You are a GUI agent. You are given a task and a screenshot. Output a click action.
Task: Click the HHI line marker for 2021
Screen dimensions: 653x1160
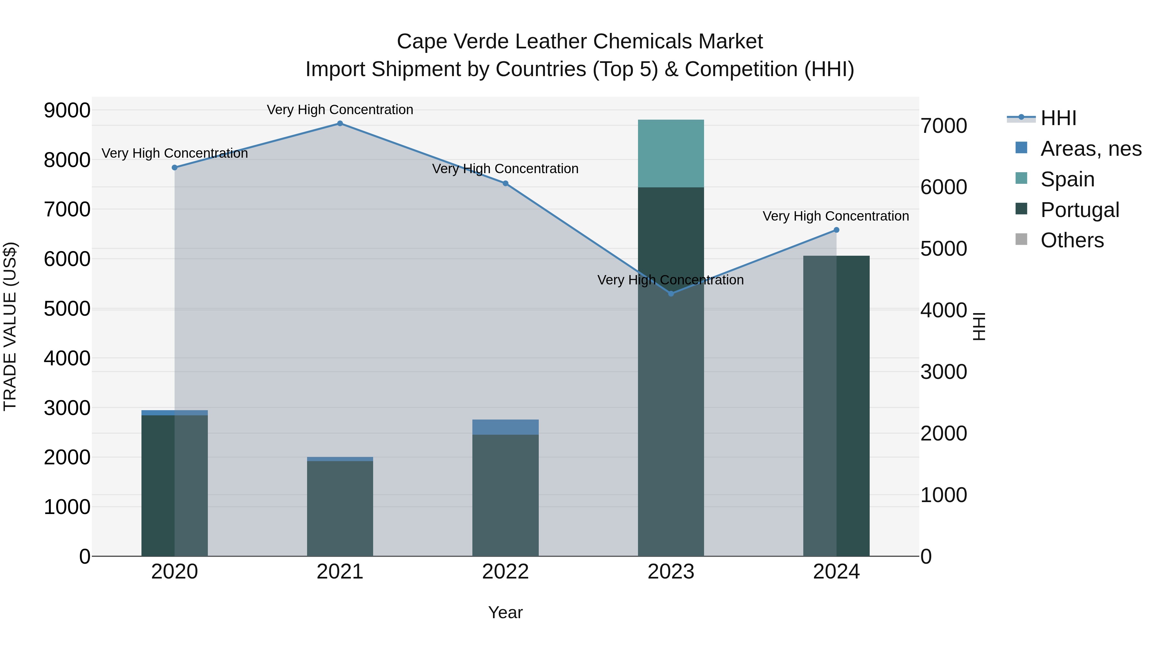tap(340, 124)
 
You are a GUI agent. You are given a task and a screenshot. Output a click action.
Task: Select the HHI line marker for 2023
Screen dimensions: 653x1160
tap(671, 293)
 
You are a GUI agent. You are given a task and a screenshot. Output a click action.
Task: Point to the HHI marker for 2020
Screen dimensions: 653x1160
tap(175, 168)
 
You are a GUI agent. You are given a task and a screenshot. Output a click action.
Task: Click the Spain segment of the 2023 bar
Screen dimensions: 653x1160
tap(671, 153)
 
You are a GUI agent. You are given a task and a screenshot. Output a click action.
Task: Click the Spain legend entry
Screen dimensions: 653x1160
tap(1067, 179)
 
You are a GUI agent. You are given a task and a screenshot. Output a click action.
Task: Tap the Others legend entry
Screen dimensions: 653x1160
tap(1071, 241)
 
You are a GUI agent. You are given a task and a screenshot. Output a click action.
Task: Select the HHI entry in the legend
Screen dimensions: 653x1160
tap(1058, 118)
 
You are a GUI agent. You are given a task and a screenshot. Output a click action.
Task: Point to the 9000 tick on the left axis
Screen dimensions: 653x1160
tap(67, 110)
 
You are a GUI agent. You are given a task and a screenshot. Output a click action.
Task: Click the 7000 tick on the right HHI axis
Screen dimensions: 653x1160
tap(943, 126)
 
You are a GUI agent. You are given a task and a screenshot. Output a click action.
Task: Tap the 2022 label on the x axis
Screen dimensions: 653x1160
tap(505, 572)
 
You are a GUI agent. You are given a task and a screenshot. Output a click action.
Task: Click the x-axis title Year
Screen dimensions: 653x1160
tap(505, 612)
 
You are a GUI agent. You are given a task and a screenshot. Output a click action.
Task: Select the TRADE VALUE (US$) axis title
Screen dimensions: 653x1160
tap(10, 326)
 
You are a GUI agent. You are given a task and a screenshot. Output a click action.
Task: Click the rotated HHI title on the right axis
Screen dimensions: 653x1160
tap(979, 326)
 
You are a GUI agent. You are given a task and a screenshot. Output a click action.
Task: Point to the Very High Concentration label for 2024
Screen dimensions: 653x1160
tap(836, 216)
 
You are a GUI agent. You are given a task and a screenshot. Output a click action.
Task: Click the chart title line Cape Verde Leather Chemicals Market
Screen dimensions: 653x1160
tap(580, 42)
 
